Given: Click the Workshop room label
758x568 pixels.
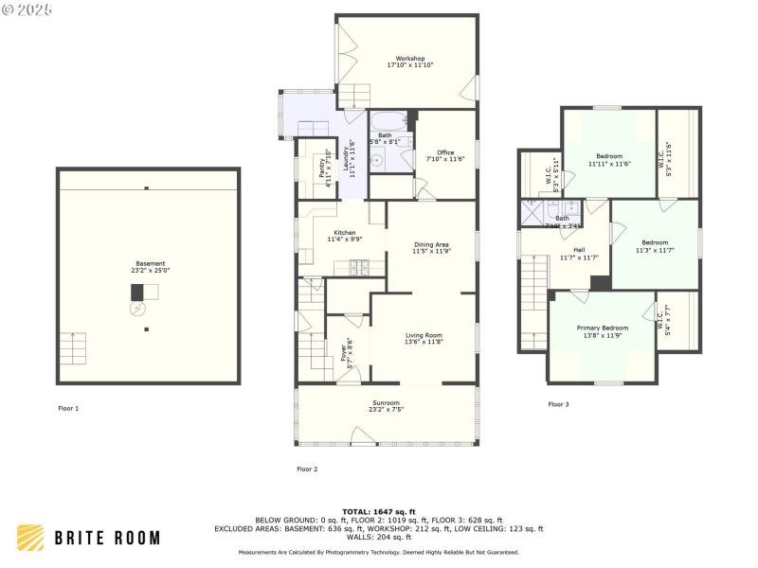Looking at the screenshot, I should point(409,59).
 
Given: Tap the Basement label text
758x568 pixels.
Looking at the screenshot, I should point(149,263).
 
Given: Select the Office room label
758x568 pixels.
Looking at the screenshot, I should point(445,152).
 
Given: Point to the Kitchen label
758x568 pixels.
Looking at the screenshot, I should point(344,233).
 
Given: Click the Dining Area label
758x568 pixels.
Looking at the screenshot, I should point(431,245).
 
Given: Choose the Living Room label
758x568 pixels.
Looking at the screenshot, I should point(424,335).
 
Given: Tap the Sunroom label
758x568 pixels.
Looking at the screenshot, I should point(386,403).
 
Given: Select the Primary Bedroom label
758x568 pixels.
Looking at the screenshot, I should point(603,328).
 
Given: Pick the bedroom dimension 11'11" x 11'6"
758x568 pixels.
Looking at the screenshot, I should point(609,164).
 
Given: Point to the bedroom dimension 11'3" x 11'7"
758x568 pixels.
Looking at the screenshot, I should point(655,250).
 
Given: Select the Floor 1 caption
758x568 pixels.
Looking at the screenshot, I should point(68,408).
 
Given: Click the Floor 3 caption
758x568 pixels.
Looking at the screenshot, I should point(558,404).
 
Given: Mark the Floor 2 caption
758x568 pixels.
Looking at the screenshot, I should point(307,469).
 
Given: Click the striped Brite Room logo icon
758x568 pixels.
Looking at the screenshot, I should point(30,538).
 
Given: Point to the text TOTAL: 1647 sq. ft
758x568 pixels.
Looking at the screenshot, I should point(378,511).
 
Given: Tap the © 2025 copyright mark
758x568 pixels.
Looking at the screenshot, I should point(27,9).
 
